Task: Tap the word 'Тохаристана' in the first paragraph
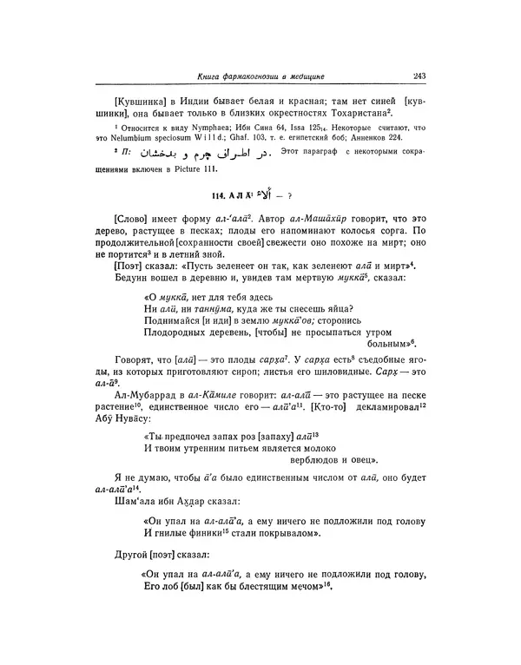click(x=353, y=114)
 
